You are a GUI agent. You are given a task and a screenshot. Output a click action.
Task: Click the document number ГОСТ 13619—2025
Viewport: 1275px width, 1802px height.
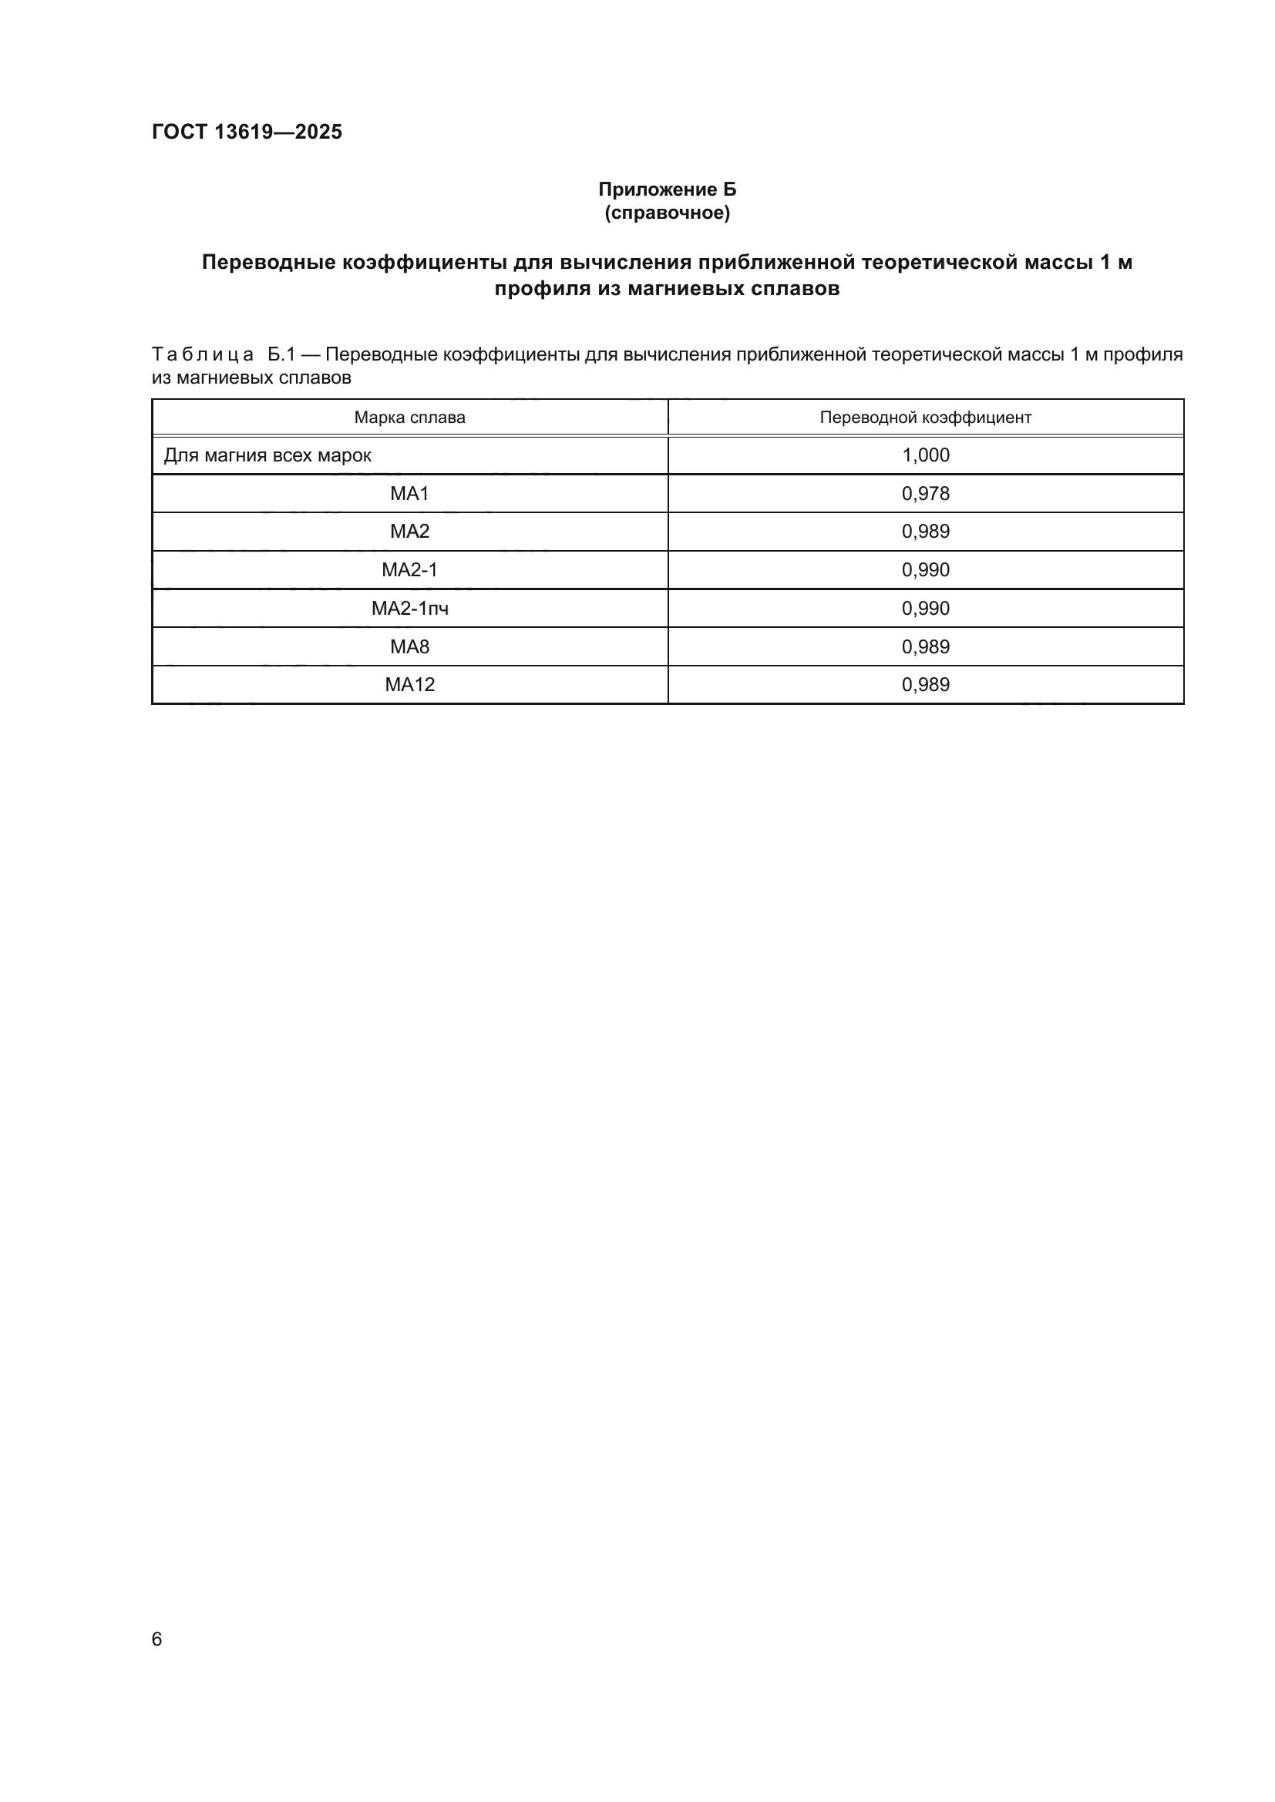[247, 132]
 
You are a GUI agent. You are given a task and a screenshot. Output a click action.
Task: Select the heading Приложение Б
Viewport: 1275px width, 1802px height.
[668, 190]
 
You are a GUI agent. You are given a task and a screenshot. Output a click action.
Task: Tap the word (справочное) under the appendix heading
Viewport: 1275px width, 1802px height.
[668, 213]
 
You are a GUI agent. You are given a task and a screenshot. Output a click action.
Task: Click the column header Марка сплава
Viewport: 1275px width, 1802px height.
[409, 418]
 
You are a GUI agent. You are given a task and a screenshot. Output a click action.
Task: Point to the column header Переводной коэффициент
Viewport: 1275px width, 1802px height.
[925, 418]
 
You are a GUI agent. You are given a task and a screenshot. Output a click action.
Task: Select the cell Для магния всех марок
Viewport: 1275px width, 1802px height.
[267, 455]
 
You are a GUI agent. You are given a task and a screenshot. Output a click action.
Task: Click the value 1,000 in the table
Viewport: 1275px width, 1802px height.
[926, 455]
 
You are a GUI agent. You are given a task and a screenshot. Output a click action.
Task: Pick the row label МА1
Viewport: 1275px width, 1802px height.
[409, 494]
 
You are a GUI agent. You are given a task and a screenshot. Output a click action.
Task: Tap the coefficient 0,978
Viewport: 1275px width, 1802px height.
[926, 494]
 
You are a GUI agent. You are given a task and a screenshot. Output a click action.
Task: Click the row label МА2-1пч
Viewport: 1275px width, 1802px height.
[409, 609]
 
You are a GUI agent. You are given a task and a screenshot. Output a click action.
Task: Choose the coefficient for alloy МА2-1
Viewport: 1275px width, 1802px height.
[926, 570]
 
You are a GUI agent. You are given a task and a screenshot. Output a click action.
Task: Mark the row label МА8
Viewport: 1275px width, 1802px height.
[409, 646]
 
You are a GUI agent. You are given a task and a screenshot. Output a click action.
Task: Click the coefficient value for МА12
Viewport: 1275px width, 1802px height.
[926, 684]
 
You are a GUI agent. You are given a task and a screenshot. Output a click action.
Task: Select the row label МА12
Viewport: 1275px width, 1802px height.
[409, 684]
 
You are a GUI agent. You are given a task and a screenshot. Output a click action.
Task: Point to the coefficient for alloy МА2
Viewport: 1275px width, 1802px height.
[926, 532]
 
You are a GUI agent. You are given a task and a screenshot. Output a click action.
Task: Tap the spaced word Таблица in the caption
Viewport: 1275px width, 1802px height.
[203, 354]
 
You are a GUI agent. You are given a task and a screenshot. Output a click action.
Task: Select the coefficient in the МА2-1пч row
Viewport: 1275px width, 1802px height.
[926, 609]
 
